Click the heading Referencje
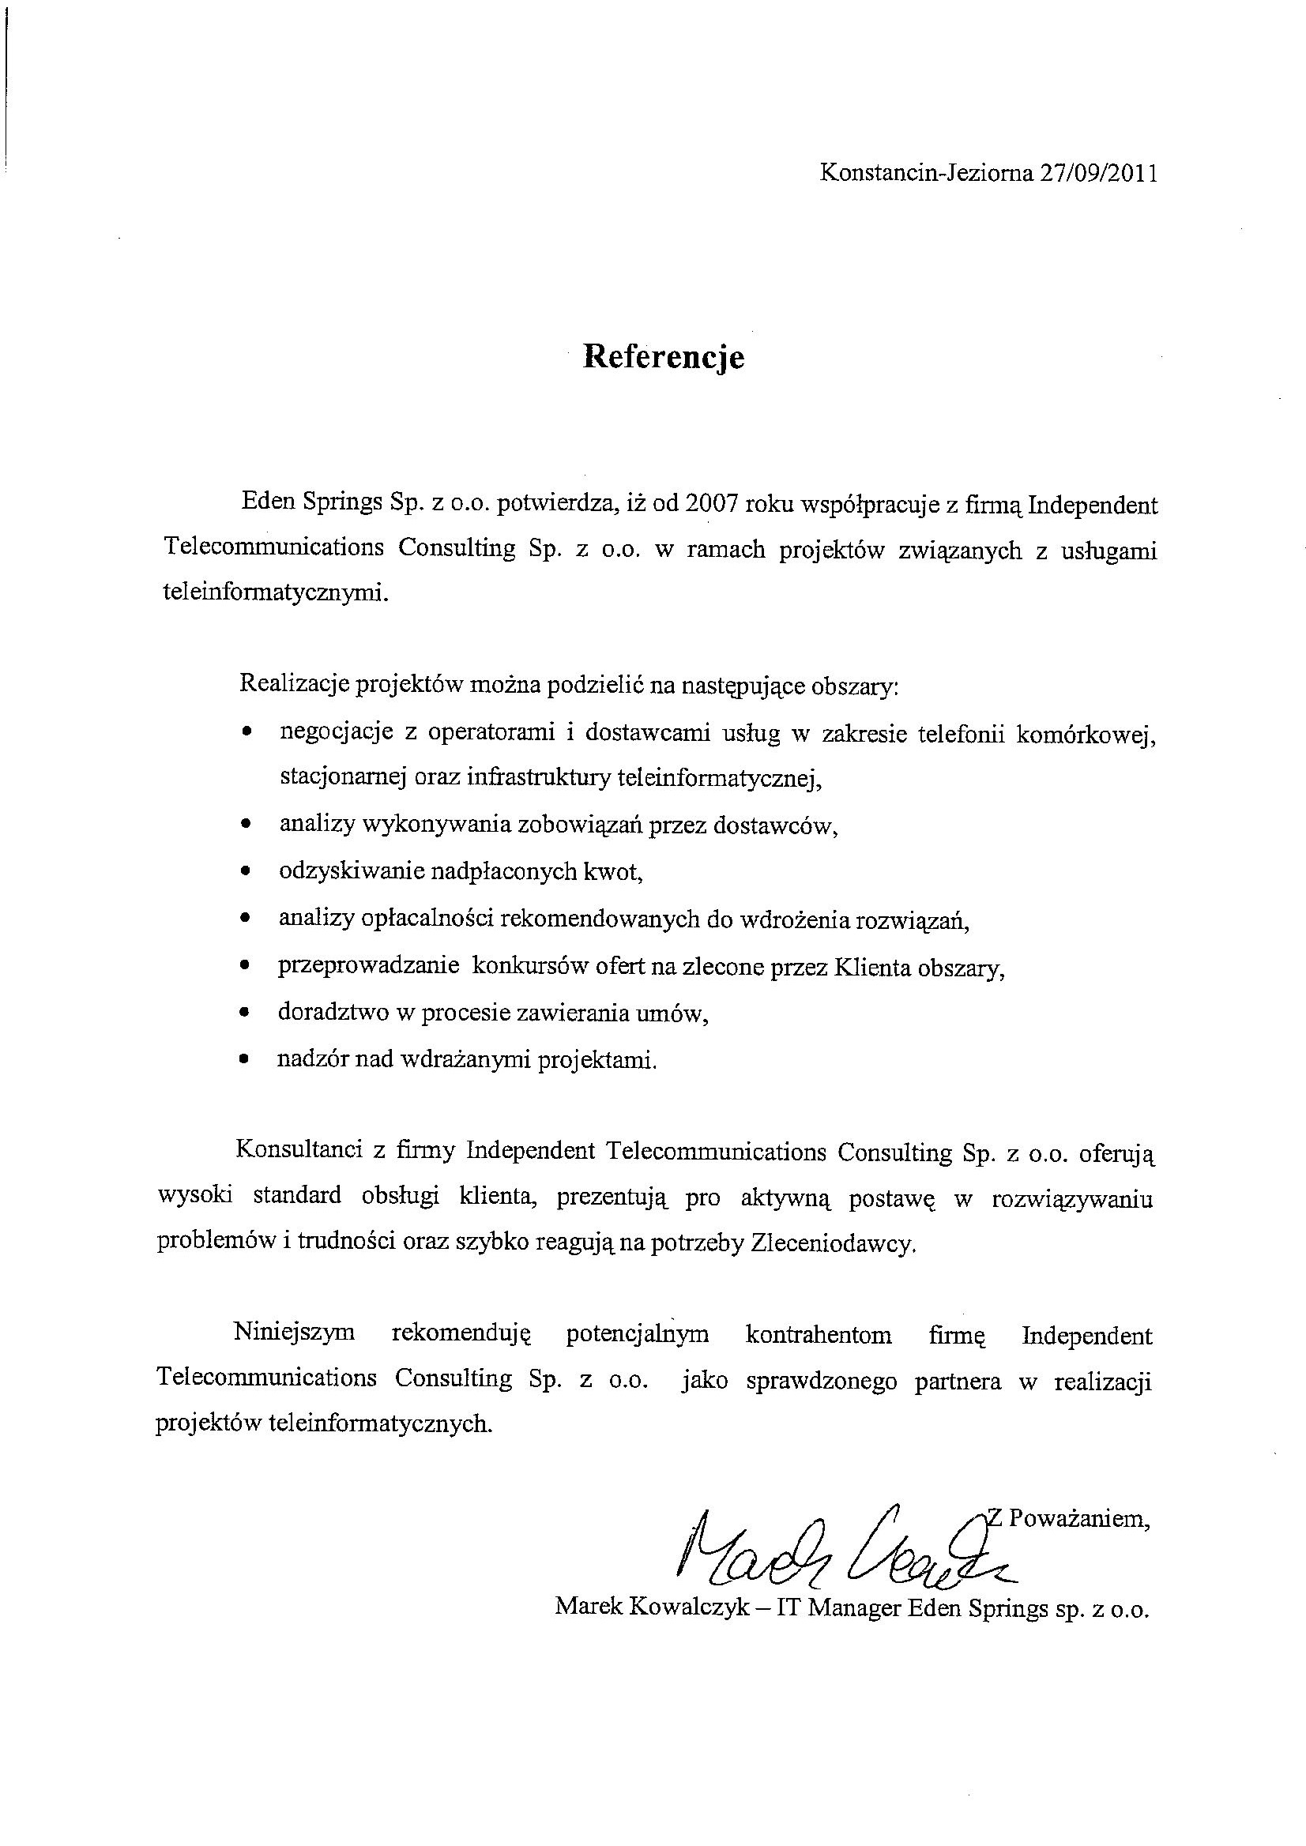pyautogui.click(x=664, y=356)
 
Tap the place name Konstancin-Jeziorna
pyautogui.click(x=926, y=174)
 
